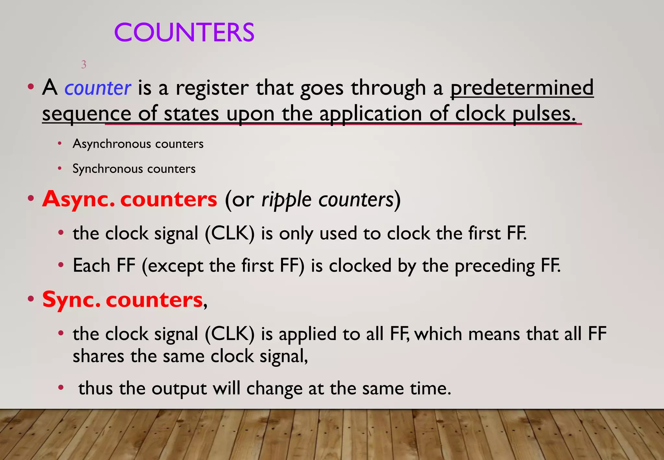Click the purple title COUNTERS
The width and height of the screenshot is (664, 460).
tap(184, 32)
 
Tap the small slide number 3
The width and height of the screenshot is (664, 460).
tap(84, 65)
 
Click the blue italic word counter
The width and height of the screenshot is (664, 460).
tap(98, 88)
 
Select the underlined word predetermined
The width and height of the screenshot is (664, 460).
tap(522, 88)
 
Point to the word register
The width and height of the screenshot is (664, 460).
tap(212, 88)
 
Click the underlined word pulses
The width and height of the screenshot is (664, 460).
tap(544, 114)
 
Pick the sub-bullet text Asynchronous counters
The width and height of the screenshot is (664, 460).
tap(138, 144)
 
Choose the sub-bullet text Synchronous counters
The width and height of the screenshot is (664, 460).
tap(134, 169)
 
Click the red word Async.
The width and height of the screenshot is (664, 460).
tap(78, 199)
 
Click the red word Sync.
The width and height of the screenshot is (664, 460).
tap(71, 299)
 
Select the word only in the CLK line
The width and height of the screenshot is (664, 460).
tap(296, 234)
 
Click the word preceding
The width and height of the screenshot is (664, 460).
tap(495, 266)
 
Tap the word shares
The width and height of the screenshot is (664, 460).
tap(98, 356)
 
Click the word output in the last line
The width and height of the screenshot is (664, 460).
tap(179, 388)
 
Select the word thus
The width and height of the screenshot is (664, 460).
tap(95, 388)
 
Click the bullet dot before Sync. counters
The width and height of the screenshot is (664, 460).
tap(31, 299)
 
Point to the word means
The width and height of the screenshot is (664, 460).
tap(494, 334)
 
